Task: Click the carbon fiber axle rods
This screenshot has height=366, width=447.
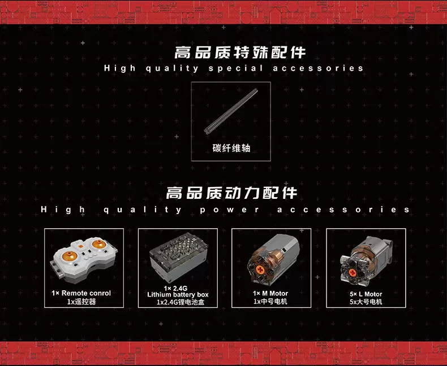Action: coord(231,111)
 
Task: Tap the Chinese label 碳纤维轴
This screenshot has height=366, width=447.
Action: coord(231,149)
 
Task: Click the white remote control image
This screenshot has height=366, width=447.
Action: coord(84,260)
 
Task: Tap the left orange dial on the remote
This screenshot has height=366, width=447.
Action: coord(70,255)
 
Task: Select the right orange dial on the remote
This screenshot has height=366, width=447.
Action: coord(98,244)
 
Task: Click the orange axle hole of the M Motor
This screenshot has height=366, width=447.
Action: coord(260,269)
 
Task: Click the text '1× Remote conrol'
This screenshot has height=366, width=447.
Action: coord(81,293)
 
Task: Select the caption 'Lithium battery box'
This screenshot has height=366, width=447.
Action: coord(178,295)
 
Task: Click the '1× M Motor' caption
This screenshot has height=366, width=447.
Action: coord(270,294)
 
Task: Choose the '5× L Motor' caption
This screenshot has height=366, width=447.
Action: coord(366,294)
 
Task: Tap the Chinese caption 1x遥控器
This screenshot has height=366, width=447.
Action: coord(81,302)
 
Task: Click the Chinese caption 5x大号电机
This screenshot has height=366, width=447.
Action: coord(366,302)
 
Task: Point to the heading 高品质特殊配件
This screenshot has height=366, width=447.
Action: coord(240,53)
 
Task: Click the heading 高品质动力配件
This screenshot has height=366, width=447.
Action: coord(231,193)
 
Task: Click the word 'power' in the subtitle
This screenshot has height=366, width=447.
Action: coord(230,210)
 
